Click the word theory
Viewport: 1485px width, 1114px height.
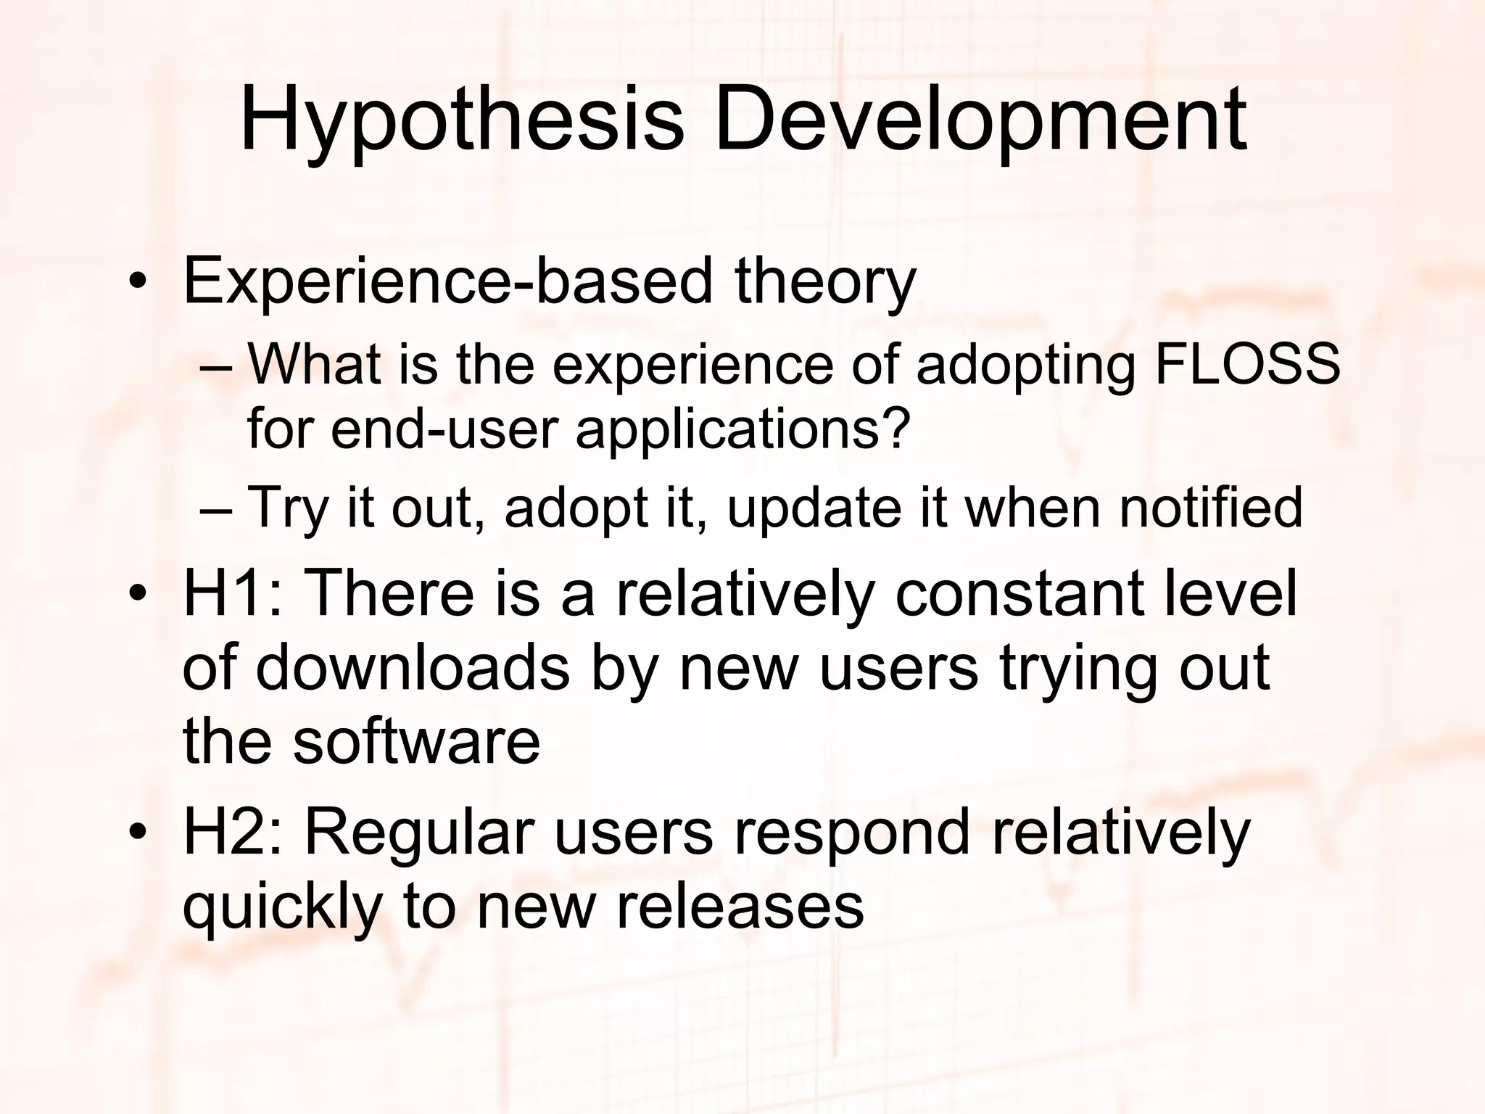[825, 283]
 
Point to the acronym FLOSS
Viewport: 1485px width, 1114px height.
[1246, 364]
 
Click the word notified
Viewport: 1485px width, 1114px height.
[1211, 507]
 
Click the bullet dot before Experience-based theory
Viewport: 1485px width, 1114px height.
[136, 283]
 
